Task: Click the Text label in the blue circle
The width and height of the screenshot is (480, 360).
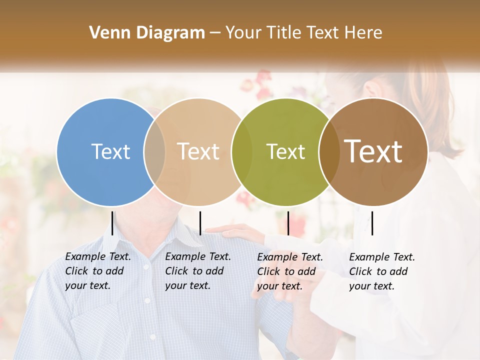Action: [110, 151]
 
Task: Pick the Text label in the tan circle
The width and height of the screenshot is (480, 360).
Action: [198, 151]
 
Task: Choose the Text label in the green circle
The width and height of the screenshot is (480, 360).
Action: [286, 151]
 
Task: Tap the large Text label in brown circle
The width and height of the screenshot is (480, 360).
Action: [373, 151]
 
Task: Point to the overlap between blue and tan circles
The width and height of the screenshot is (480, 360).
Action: [154, 151]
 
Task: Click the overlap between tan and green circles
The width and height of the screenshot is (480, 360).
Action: [242, 151]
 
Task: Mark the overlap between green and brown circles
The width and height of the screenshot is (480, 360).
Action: [329, 151]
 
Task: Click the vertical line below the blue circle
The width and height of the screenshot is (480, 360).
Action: [112, 223]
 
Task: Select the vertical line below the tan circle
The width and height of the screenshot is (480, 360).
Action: [200, 223]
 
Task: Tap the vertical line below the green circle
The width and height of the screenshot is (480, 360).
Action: [288, 223]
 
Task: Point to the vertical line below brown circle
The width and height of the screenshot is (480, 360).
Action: [372, 223]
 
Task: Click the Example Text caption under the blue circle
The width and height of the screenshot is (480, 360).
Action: [98, 271]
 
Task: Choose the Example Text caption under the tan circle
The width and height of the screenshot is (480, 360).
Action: [198, 271]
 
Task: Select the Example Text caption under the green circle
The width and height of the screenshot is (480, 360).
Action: [290, 271]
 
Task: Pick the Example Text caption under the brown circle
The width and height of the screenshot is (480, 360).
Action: [382, 271]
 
